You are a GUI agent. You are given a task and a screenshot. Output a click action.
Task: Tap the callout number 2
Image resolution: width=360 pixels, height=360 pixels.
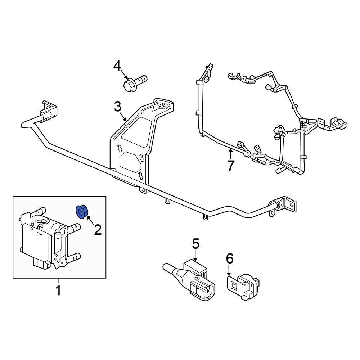[98, 229]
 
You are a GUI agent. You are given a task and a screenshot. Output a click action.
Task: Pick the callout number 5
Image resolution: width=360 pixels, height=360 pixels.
[195, 244]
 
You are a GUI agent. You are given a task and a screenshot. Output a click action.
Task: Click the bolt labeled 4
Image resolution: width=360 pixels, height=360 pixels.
[135, 83]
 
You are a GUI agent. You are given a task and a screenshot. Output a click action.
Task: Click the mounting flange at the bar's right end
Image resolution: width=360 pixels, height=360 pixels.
[286, 206]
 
